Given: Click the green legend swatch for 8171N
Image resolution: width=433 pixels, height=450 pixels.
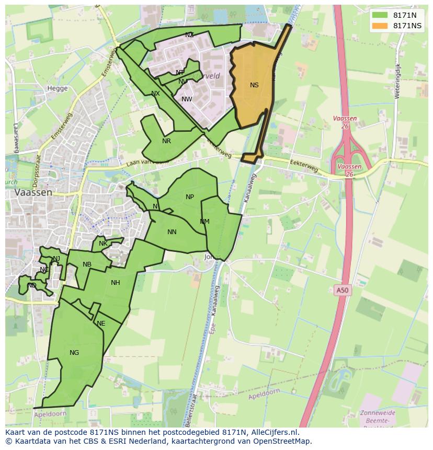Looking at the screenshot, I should point(380,15).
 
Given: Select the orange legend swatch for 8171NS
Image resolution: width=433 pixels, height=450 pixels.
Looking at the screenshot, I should point(380,26).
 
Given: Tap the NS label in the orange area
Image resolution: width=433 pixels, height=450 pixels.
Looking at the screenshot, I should point(254,85).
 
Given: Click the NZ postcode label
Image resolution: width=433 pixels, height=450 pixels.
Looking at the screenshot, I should point(189,35).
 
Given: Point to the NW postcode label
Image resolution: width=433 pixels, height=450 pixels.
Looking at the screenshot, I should point(187,99).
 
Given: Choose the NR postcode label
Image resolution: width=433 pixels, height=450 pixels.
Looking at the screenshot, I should point(166,141).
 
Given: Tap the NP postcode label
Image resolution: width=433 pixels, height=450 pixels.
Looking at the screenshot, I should point(190,197).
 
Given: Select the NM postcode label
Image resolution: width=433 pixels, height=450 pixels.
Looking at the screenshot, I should point(204,222).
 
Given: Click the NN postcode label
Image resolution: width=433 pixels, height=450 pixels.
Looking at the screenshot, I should point(172,232).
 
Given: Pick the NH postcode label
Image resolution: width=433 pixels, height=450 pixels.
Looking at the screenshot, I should point(116,283).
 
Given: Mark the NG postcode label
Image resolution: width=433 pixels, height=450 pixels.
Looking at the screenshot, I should point(74,353).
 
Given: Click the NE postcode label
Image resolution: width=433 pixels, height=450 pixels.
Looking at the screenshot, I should point(101,324).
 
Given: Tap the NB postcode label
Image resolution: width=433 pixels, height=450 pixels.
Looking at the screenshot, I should point(87,264).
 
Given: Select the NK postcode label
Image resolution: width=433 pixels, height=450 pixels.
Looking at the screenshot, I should point(103,244).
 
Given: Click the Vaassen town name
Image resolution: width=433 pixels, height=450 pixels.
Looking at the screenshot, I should point(33,192).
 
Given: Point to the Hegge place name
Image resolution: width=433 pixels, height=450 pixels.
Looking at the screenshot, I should point(58,88).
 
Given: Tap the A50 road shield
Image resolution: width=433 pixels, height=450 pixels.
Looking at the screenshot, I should point(341,290).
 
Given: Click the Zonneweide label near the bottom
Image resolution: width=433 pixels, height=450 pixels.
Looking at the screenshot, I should point(378,413).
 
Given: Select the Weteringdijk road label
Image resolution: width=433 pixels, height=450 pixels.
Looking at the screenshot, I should point(397,81).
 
